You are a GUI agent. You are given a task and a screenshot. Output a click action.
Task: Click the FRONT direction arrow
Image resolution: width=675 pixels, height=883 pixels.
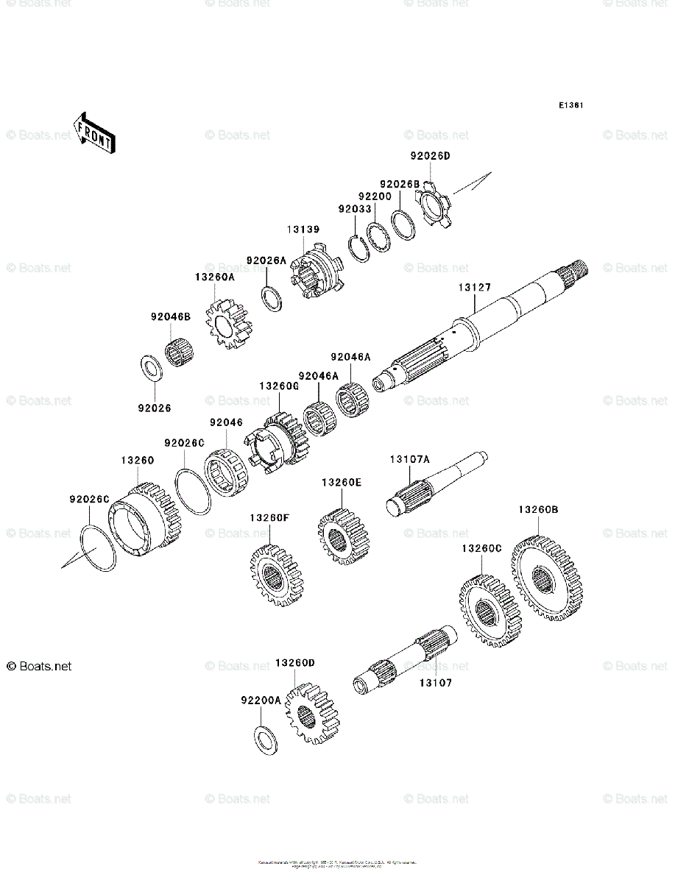(x=93, y=132)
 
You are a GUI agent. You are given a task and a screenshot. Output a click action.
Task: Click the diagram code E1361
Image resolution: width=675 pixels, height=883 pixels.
(x=570, y=106)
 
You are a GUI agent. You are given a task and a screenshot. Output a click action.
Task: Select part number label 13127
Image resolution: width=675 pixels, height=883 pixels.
(x=474, y=288)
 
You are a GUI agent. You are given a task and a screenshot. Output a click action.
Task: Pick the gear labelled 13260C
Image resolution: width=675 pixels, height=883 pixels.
(x=491, y=611)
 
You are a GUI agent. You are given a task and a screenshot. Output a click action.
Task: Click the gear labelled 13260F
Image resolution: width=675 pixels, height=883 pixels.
(x=277, y=575)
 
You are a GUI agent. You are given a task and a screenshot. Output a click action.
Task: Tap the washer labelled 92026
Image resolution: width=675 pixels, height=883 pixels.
(x=152, y=368)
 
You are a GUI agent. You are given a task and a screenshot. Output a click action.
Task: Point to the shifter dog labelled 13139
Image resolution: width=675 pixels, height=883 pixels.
(x=316, y=276)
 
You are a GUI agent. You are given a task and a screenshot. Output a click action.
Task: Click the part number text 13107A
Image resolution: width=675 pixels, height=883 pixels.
(x=409, y=460)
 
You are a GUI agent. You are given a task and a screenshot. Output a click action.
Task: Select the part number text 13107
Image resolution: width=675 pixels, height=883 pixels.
(x=436, y=683)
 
